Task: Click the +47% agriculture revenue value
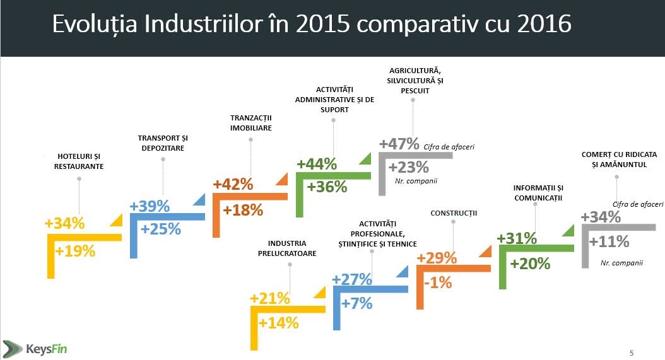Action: click(399, 144)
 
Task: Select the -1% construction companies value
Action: click(438, 283)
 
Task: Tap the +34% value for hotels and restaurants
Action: click(64, 223)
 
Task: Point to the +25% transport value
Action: click(160, 229)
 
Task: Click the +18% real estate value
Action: click(242, 210)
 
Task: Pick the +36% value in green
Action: click(327, 187)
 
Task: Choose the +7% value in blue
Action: click(356, 303)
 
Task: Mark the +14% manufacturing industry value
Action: click(278, 323)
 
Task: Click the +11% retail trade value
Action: click(609, 241)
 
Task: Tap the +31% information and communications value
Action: click(517, 238)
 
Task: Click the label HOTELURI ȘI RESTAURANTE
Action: click(79, 161)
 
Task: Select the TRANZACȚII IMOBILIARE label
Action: click(251, 123)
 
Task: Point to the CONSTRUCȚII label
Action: click(454, 214)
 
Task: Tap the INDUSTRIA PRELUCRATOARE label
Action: click(287, 248)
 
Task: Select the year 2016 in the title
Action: click(543, 24)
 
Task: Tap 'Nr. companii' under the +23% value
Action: click(416, 182)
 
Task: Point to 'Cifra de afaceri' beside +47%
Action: click(449, 147)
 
